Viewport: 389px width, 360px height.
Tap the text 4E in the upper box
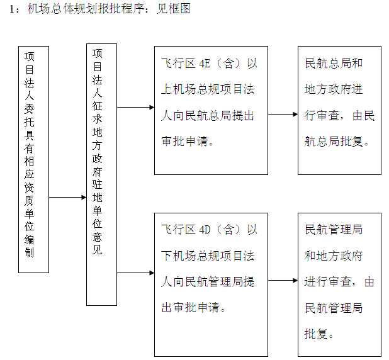206,64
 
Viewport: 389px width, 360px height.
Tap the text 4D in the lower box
206,230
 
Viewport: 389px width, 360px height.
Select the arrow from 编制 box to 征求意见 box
67,197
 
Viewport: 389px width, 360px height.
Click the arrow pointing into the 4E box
135,107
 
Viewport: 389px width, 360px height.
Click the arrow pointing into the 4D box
135,273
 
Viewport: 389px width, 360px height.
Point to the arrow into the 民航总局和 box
283,115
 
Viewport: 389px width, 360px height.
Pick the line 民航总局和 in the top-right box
334,64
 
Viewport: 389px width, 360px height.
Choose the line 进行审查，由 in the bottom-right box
339,281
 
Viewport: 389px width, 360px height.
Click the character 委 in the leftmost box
30,104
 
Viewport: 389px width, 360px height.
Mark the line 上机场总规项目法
208,89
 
